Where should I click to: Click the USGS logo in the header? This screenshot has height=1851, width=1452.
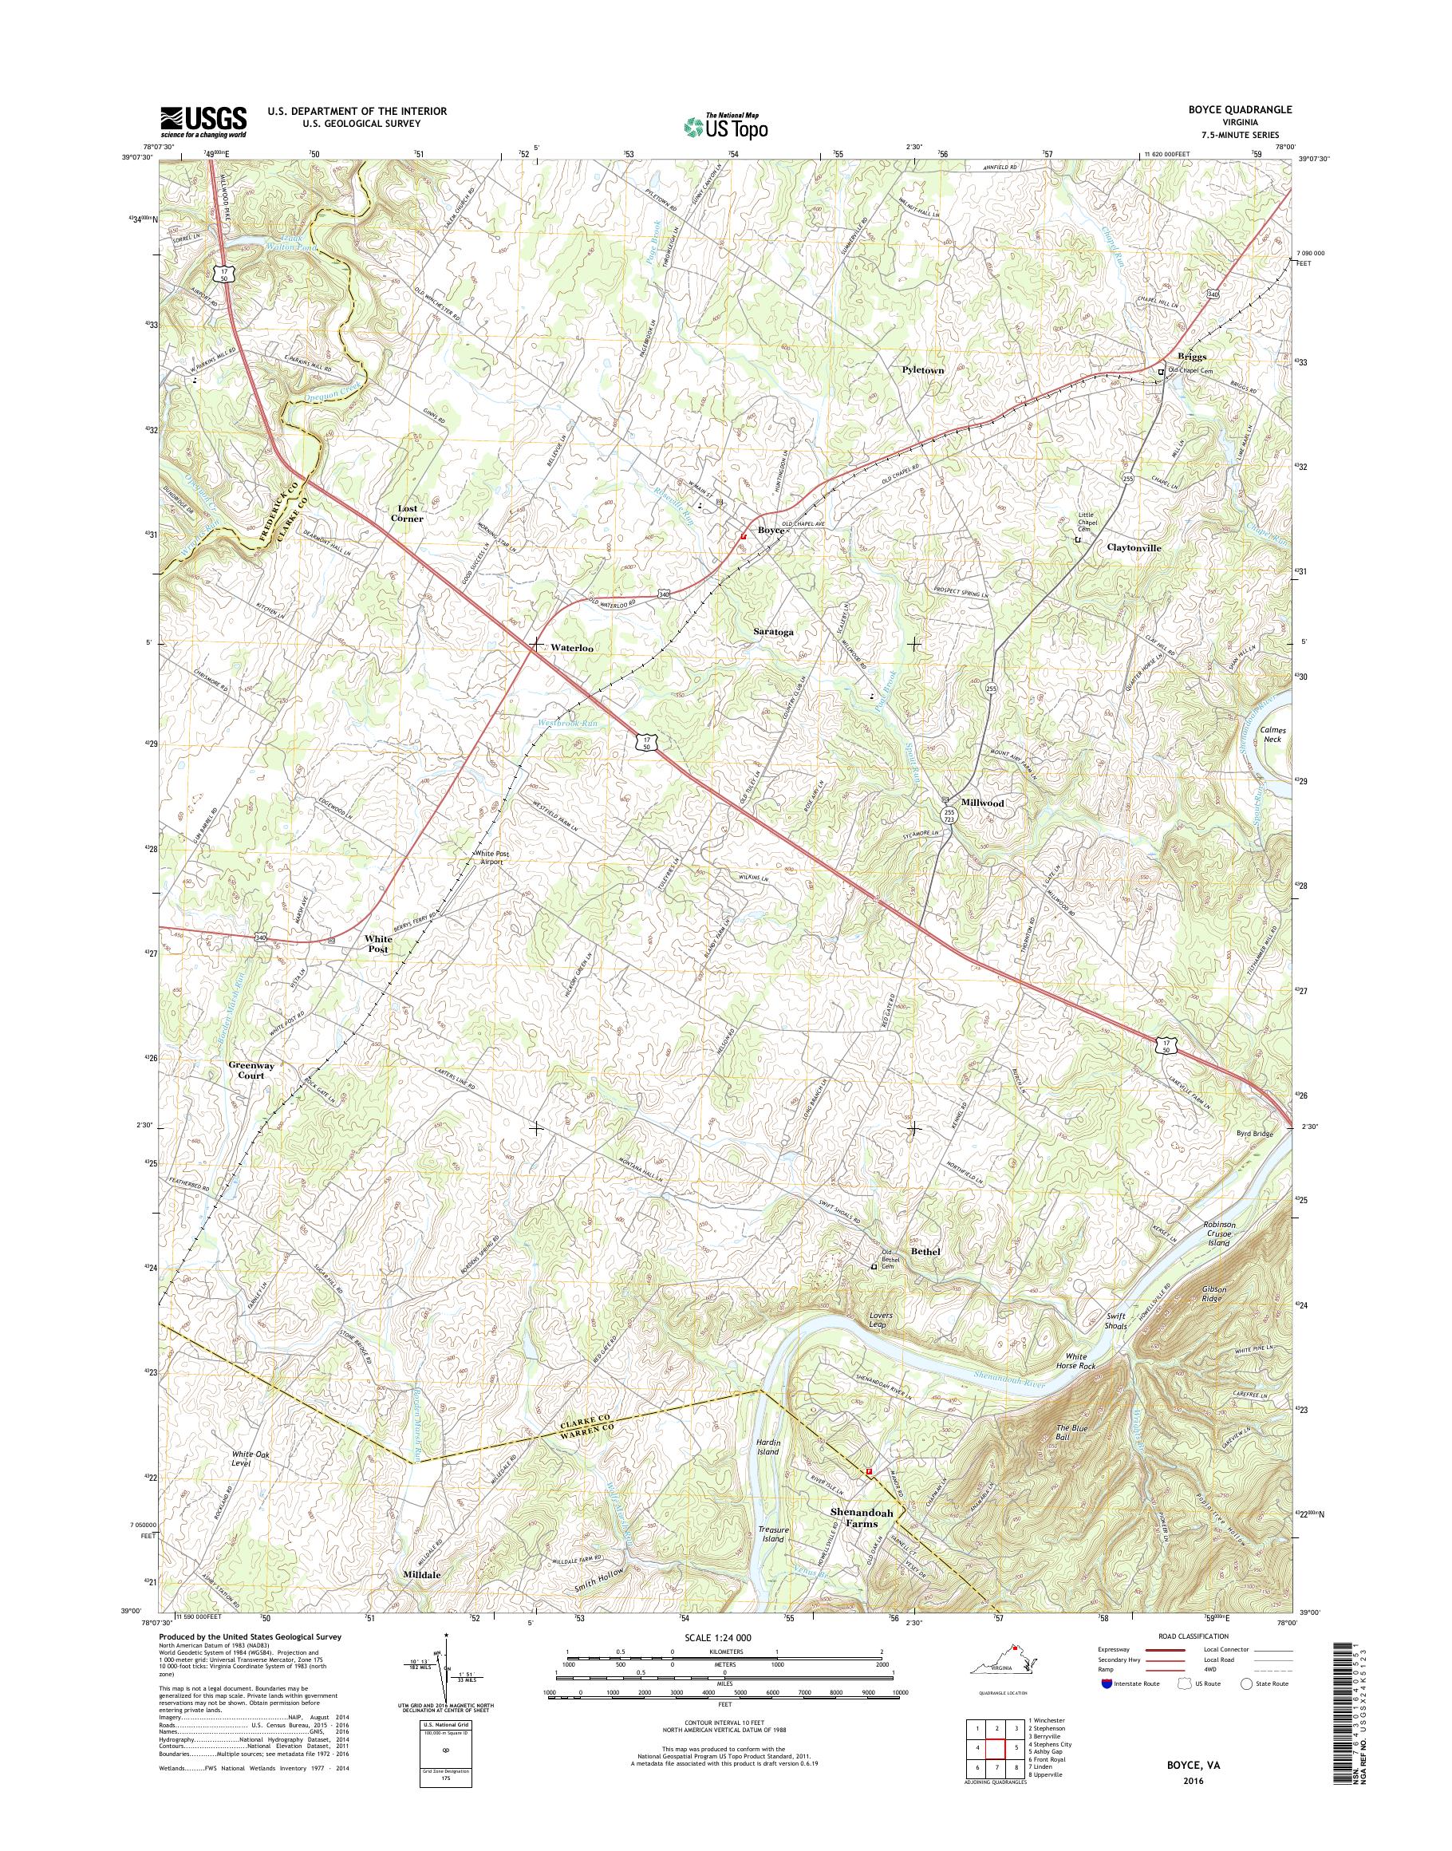tap(204, 121)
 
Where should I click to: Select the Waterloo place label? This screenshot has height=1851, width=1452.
tap(571, 647)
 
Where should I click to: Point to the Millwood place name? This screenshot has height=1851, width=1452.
tap(982, 803)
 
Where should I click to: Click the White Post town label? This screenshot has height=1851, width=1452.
tap(378, 944)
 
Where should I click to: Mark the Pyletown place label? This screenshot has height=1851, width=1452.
tap(922, 370)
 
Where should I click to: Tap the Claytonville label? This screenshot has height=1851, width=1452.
tap(1133, 548)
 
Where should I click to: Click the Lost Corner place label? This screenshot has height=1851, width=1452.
tap(405, 513)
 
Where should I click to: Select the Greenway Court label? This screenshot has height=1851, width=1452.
tap(246, 1070)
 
